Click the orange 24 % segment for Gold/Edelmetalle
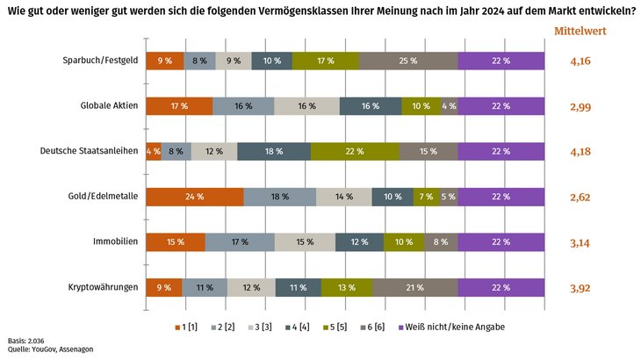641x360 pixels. (x=195, y=197)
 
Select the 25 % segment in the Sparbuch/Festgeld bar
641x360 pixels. (x=408, y=61)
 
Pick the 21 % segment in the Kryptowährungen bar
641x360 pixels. (x=415, y=287)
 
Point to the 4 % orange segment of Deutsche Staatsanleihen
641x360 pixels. (x=154, y=151)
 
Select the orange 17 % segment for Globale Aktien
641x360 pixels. (x=179, y=106)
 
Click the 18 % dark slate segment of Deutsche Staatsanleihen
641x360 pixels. (x=274, y=151)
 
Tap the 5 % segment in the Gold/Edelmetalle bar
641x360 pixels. (x=448, y=197)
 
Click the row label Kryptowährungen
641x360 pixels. (x=104, y=287)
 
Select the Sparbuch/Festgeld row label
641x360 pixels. (x=100, y=61)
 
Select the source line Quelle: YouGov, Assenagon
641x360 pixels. (x=50, y=349)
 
